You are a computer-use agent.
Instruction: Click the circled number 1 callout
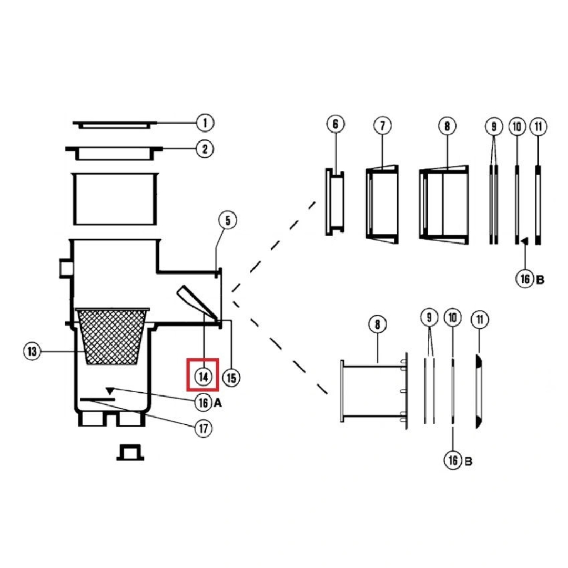click(x=205, y=124)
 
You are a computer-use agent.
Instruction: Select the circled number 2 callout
click(x=205, y=149)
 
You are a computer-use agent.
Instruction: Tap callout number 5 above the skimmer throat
click(x=228, y=220)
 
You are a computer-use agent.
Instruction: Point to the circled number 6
click(x=336, y=125)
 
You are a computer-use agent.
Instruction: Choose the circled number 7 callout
click(x=382, y=126)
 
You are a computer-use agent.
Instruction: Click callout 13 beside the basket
click(x=33, y=351)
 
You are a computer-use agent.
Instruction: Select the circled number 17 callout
click(x=204, y=428)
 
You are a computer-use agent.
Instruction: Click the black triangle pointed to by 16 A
click(x=109, y=391)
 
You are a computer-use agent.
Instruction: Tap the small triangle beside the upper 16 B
click(x=524, y=240)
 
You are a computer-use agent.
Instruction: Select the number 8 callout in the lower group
click(x=377, y=324)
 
